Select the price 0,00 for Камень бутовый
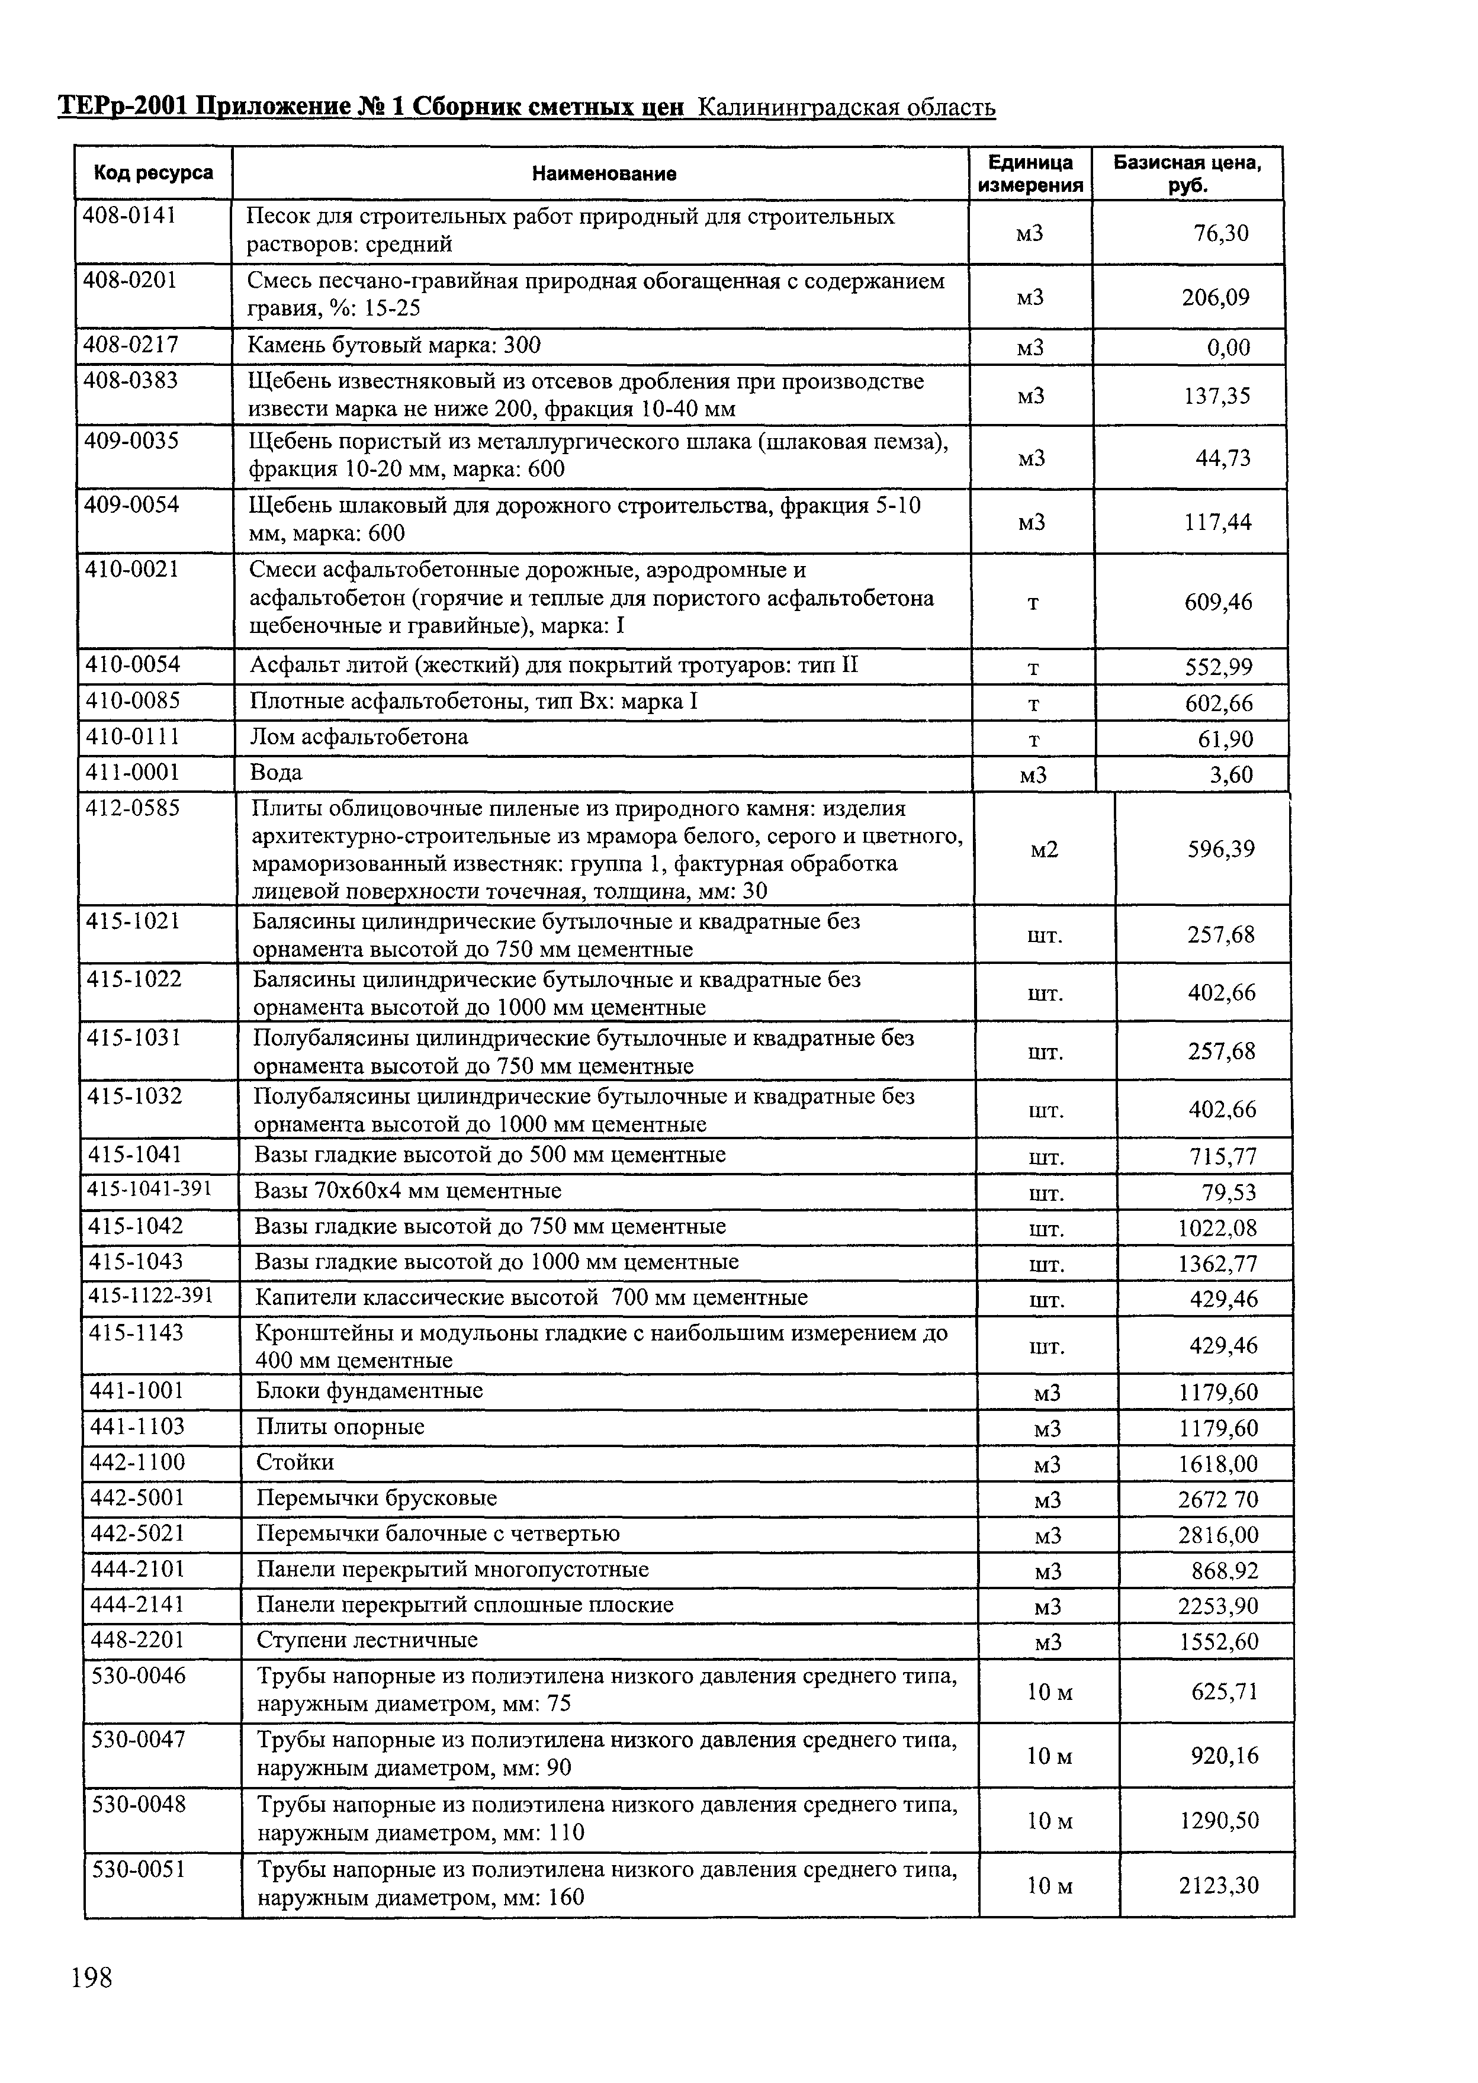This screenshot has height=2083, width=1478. coord(1228,348)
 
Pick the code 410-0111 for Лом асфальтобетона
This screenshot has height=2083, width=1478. coord(133,736)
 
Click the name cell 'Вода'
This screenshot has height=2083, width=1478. coord(276,773)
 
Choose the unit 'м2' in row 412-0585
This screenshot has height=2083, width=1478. coord(1044,849)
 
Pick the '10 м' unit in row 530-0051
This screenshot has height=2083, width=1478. coord(1049,1886)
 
